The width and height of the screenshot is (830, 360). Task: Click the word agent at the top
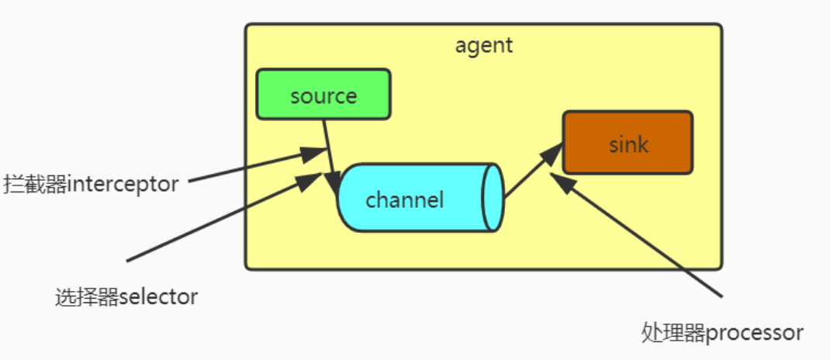point(483,45)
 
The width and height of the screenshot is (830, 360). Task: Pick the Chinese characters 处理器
point(673,333)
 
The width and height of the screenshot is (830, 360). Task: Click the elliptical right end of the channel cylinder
point(493,197)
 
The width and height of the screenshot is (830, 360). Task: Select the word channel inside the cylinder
point(404,200)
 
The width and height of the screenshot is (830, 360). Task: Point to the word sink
point(628,144)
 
